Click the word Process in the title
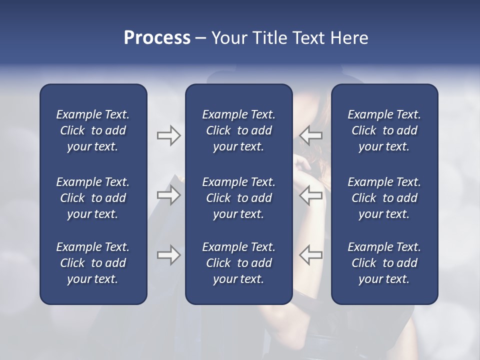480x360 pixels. click(x=157, y=38)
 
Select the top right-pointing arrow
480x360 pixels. click(x=168, y=135)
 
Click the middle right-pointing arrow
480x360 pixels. click(x=168, y=195)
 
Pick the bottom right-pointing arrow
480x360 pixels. click(x=168, y=255)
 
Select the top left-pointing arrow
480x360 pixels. click(x=311, y=135)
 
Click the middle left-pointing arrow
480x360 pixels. click(x=311, y=195)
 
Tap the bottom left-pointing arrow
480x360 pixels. click(x=311, y=255)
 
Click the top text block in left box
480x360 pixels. click(x=93, y=130)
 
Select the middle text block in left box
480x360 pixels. click(x=93, y=198)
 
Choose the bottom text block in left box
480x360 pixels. click(x=93, y=263)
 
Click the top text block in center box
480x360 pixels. click(x=238, y=130)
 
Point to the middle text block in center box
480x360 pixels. click(x=238, y=198)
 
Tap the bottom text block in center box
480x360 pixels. click(x=238, y=263)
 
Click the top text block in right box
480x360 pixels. click(x=384, y=130)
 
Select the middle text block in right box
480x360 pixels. click(x=384, y=198)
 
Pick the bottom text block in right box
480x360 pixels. click(x=384, y=263)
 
